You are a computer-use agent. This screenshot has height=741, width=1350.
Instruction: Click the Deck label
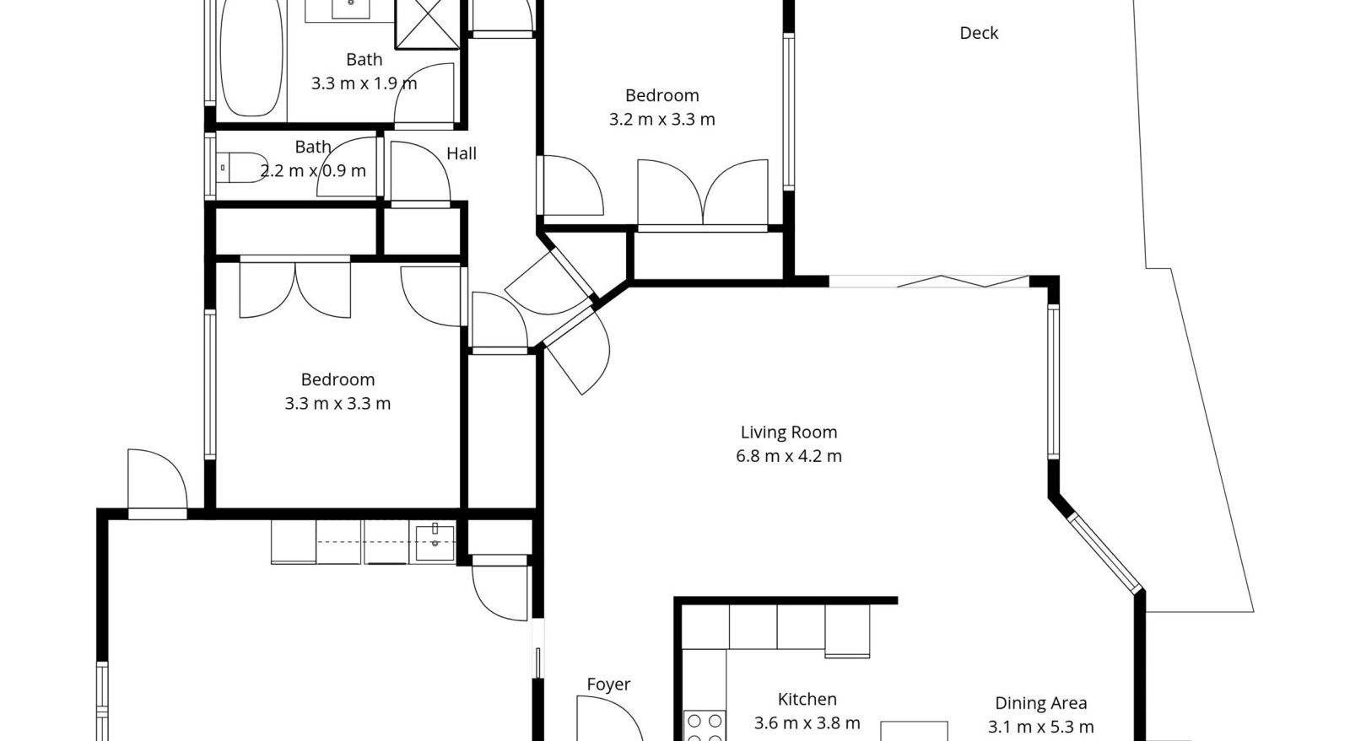click(x=978, y=33)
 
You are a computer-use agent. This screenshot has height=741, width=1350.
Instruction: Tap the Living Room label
click(x=788, y=432)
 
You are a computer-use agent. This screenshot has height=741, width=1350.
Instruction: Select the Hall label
click(x=461, y=153)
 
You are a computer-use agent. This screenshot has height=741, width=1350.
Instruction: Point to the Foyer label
click(x=608, y=685)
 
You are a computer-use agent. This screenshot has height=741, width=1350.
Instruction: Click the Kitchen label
click(x=807, y=700)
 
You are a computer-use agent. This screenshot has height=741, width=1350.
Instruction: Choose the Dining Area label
click(x=1041, y=703)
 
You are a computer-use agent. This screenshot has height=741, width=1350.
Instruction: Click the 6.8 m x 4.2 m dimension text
click(x=788, y=456)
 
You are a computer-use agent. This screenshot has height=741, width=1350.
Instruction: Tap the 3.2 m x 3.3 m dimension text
click(x=661, y=119)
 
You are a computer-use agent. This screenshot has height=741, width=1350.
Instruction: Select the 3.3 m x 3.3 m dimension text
click(x=337, y=403)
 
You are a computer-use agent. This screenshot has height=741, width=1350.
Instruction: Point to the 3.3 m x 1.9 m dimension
click(x=364, y=83)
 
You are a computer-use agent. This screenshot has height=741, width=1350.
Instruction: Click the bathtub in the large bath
click(x=251, y=57)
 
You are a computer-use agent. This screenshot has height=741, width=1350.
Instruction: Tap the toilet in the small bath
click(x=242, y=168)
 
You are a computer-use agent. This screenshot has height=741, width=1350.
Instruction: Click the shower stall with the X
click(x=428, y=24)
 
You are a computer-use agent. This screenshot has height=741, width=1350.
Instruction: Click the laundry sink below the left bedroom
click(x=435, y=542)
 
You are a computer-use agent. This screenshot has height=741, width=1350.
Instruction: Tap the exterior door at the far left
click(x=157, y=481)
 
